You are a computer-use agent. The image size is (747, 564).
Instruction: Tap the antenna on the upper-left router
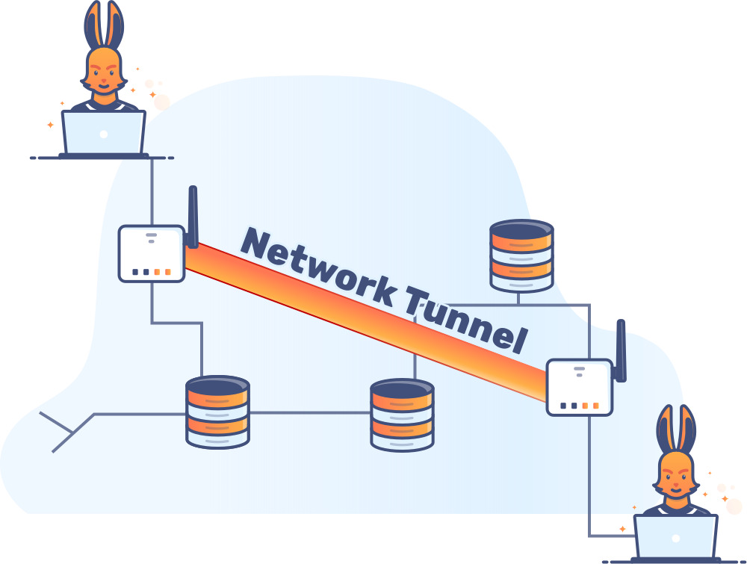[x=193, y=217]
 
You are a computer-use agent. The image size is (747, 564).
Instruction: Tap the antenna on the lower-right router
[x=621, y=351]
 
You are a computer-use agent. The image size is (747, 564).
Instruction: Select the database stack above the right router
[x=521, y=255]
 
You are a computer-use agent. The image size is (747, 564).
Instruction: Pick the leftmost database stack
[x=217, y=412]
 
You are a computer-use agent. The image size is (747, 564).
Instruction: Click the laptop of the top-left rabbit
[x=103, y=133]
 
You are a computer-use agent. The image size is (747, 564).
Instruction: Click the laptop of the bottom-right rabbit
[x=675, y=537]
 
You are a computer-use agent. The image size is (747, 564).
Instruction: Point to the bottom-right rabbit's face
[x=675, y=478]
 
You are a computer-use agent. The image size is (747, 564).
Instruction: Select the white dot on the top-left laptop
[x=103, y=134]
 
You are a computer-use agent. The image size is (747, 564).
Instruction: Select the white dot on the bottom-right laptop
[x=675, y=538]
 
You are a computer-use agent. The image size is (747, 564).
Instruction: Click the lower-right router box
[x=580, y=387]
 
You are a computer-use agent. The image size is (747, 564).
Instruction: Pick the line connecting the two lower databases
[x=310, y=412]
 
